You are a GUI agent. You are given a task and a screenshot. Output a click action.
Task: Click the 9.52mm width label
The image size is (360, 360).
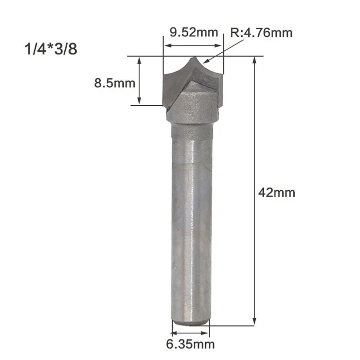click(x=194, y=32)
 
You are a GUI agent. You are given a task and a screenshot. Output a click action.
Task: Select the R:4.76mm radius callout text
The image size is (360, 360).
click(x=261, y=33)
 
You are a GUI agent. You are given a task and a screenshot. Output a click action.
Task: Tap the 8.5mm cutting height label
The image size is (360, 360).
click(x=115, y=83)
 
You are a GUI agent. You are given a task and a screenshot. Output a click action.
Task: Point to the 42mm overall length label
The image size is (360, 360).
click(x=277, y=193)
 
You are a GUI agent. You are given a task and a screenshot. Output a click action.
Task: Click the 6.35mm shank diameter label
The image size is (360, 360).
click(x=190, y=344)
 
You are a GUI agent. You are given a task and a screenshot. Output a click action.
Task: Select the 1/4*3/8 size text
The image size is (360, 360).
click(x=51, y=49)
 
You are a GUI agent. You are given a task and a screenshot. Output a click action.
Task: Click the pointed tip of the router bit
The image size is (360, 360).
click(x=195, y=57)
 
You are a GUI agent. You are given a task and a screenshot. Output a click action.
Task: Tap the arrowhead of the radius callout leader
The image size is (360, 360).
click(x=206, y=61)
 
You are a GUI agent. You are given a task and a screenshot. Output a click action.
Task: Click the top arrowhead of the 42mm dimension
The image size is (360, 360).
click(x=254, y=60)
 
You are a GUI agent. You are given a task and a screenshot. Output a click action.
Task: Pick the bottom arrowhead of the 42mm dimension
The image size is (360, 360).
click(x=254, y=321)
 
